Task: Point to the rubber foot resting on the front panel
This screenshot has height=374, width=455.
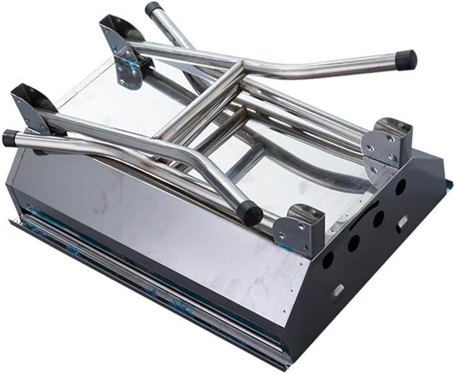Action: click(251, 212)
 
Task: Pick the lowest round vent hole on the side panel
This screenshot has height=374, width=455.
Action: click(328, 259)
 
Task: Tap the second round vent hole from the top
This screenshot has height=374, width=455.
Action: click(378, 219)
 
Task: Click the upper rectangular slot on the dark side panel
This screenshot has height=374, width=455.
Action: click(402, 222)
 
